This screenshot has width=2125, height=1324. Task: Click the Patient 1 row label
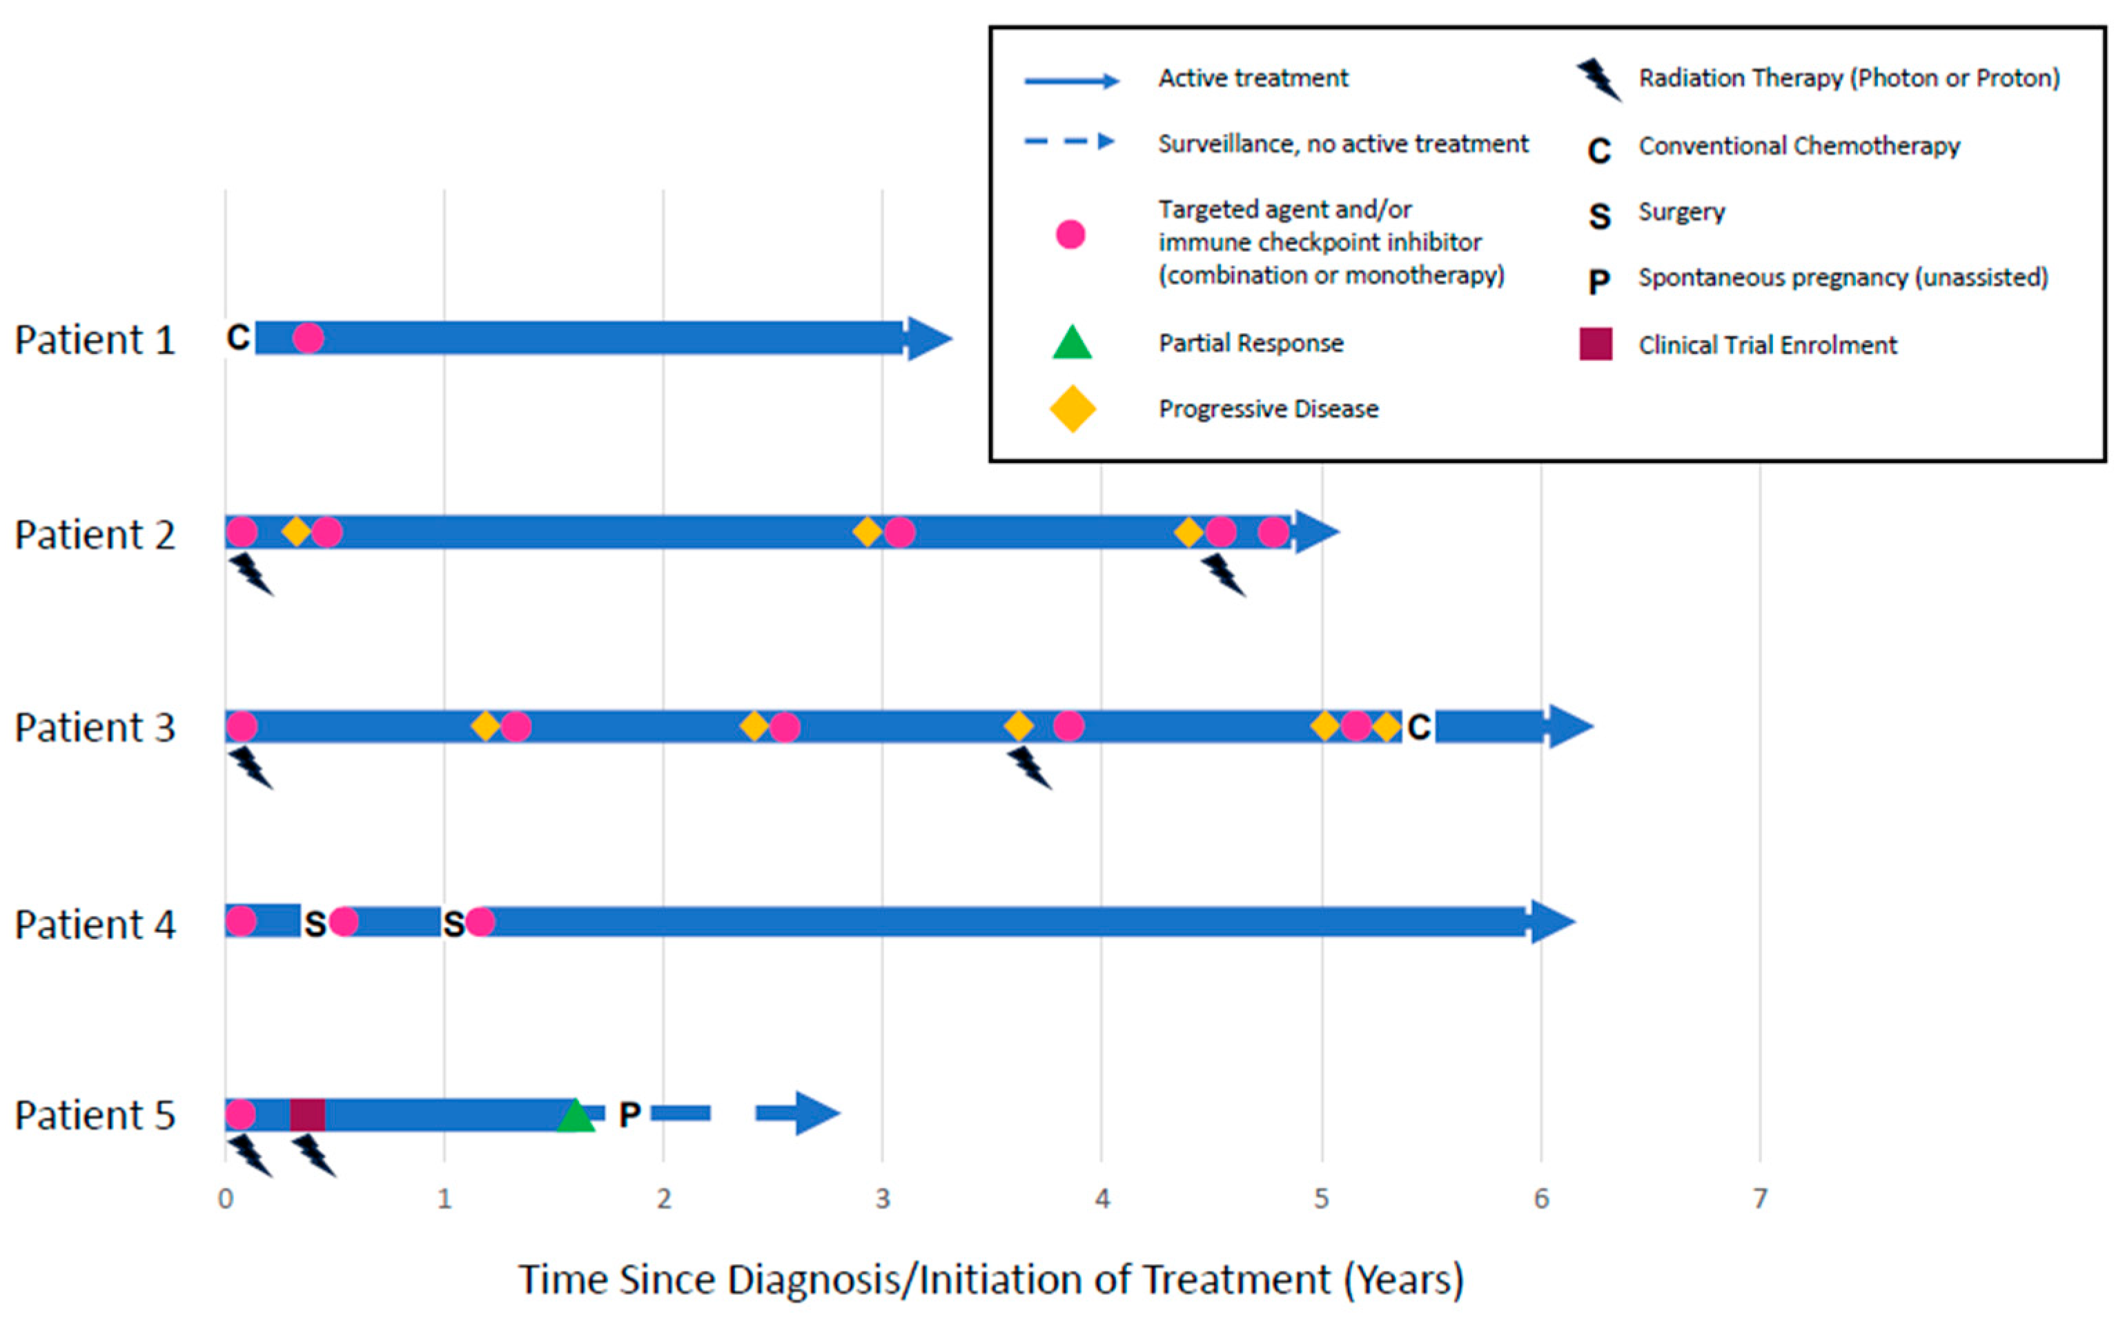pos(95,339)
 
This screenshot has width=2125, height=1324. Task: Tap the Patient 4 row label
pos(95,925)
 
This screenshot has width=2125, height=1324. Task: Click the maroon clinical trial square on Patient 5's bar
pos(307,1115)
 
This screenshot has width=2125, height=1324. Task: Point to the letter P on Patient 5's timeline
pos(629,1115)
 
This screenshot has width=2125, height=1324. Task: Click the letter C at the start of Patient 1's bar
pos(237,337)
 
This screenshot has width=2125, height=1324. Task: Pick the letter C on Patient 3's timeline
pos(1418,727)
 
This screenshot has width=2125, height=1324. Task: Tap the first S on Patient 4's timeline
pos(315,923)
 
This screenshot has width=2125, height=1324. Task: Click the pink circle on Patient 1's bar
pos(307,337)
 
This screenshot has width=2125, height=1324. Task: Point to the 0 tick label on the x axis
pos(225,1198)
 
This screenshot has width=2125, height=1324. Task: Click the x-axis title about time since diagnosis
pos(990,1279)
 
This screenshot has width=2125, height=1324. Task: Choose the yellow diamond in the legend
pos(1072,409)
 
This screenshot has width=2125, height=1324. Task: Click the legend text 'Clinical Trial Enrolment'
pos(1767,345)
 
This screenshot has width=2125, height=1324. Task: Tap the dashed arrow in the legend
pos(1070,142)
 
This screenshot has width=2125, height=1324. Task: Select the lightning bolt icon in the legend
pos(1598,79)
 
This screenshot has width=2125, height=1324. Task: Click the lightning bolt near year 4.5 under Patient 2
pos(1223,575)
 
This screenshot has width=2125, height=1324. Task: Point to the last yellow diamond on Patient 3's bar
pos(1386,726)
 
